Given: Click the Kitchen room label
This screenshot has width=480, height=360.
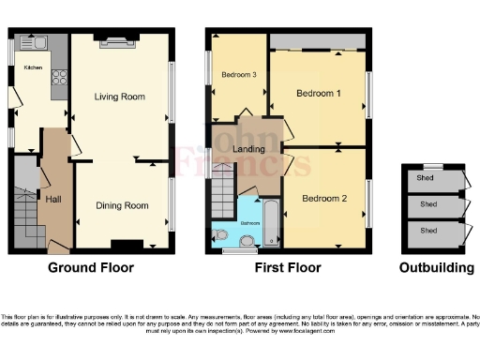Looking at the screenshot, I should (x=33, y=67).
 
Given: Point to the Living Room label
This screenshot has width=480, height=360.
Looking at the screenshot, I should (x=120, y=96).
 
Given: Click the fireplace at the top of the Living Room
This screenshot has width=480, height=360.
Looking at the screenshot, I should (x=120, y=39).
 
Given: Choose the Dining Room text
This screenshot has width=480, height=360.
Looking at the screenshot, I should (x=124, y=205).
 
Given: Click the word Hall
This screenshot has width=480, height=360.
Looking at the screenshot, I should (x=53, y=199).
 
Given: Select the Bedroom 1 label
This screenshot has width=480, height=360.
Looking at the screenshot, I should (x=319, y=95).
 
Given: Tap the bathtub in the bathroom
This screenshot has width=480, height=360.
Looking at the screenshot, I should (x=271, y=223).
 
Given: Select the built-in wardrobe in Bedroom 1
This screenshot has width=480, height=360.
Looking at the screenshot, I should (x=317, y=42).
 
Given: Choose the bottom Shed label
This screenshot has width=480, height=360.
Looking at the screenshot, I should (x=427, y=231).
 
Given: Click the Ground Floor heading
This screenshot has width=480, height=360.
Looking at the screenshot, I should (x=91, y=267).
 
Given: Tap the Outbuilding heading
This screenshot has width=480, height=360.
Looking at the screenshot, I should (x=437, y=267).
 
